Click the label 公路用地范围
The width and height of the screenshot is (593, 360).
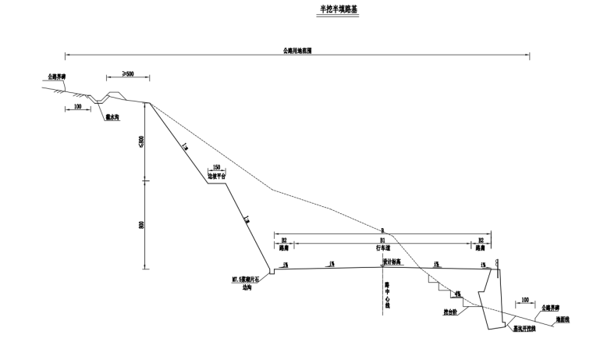pos(296,50)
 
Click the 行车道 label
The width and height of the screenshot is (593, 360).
pos(382,248)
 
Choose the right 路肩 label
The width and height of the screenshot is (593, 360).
pos(482,248)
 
